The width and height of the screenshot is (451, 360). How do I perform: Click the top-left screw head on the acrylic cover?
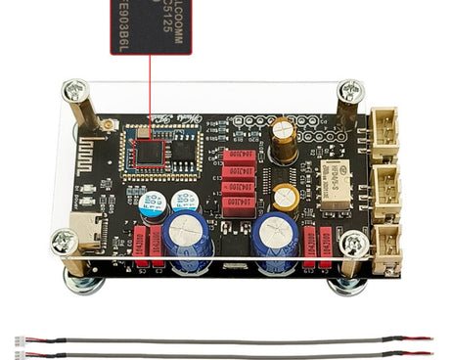(74, 92)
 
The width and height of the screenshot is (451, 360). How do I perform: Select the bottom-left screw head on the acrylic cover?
(66, 241)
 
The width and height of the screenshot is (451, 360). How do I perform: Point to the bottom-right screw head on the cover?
(354, 243)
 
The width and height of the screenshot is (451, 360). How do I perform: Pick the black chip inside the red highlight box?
(150, 153)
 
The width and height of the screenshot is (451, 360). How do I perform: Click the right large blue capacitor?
(275, 235)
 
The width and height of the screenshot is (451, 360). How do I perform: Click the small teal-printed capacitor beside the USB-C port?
(153, 205)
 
